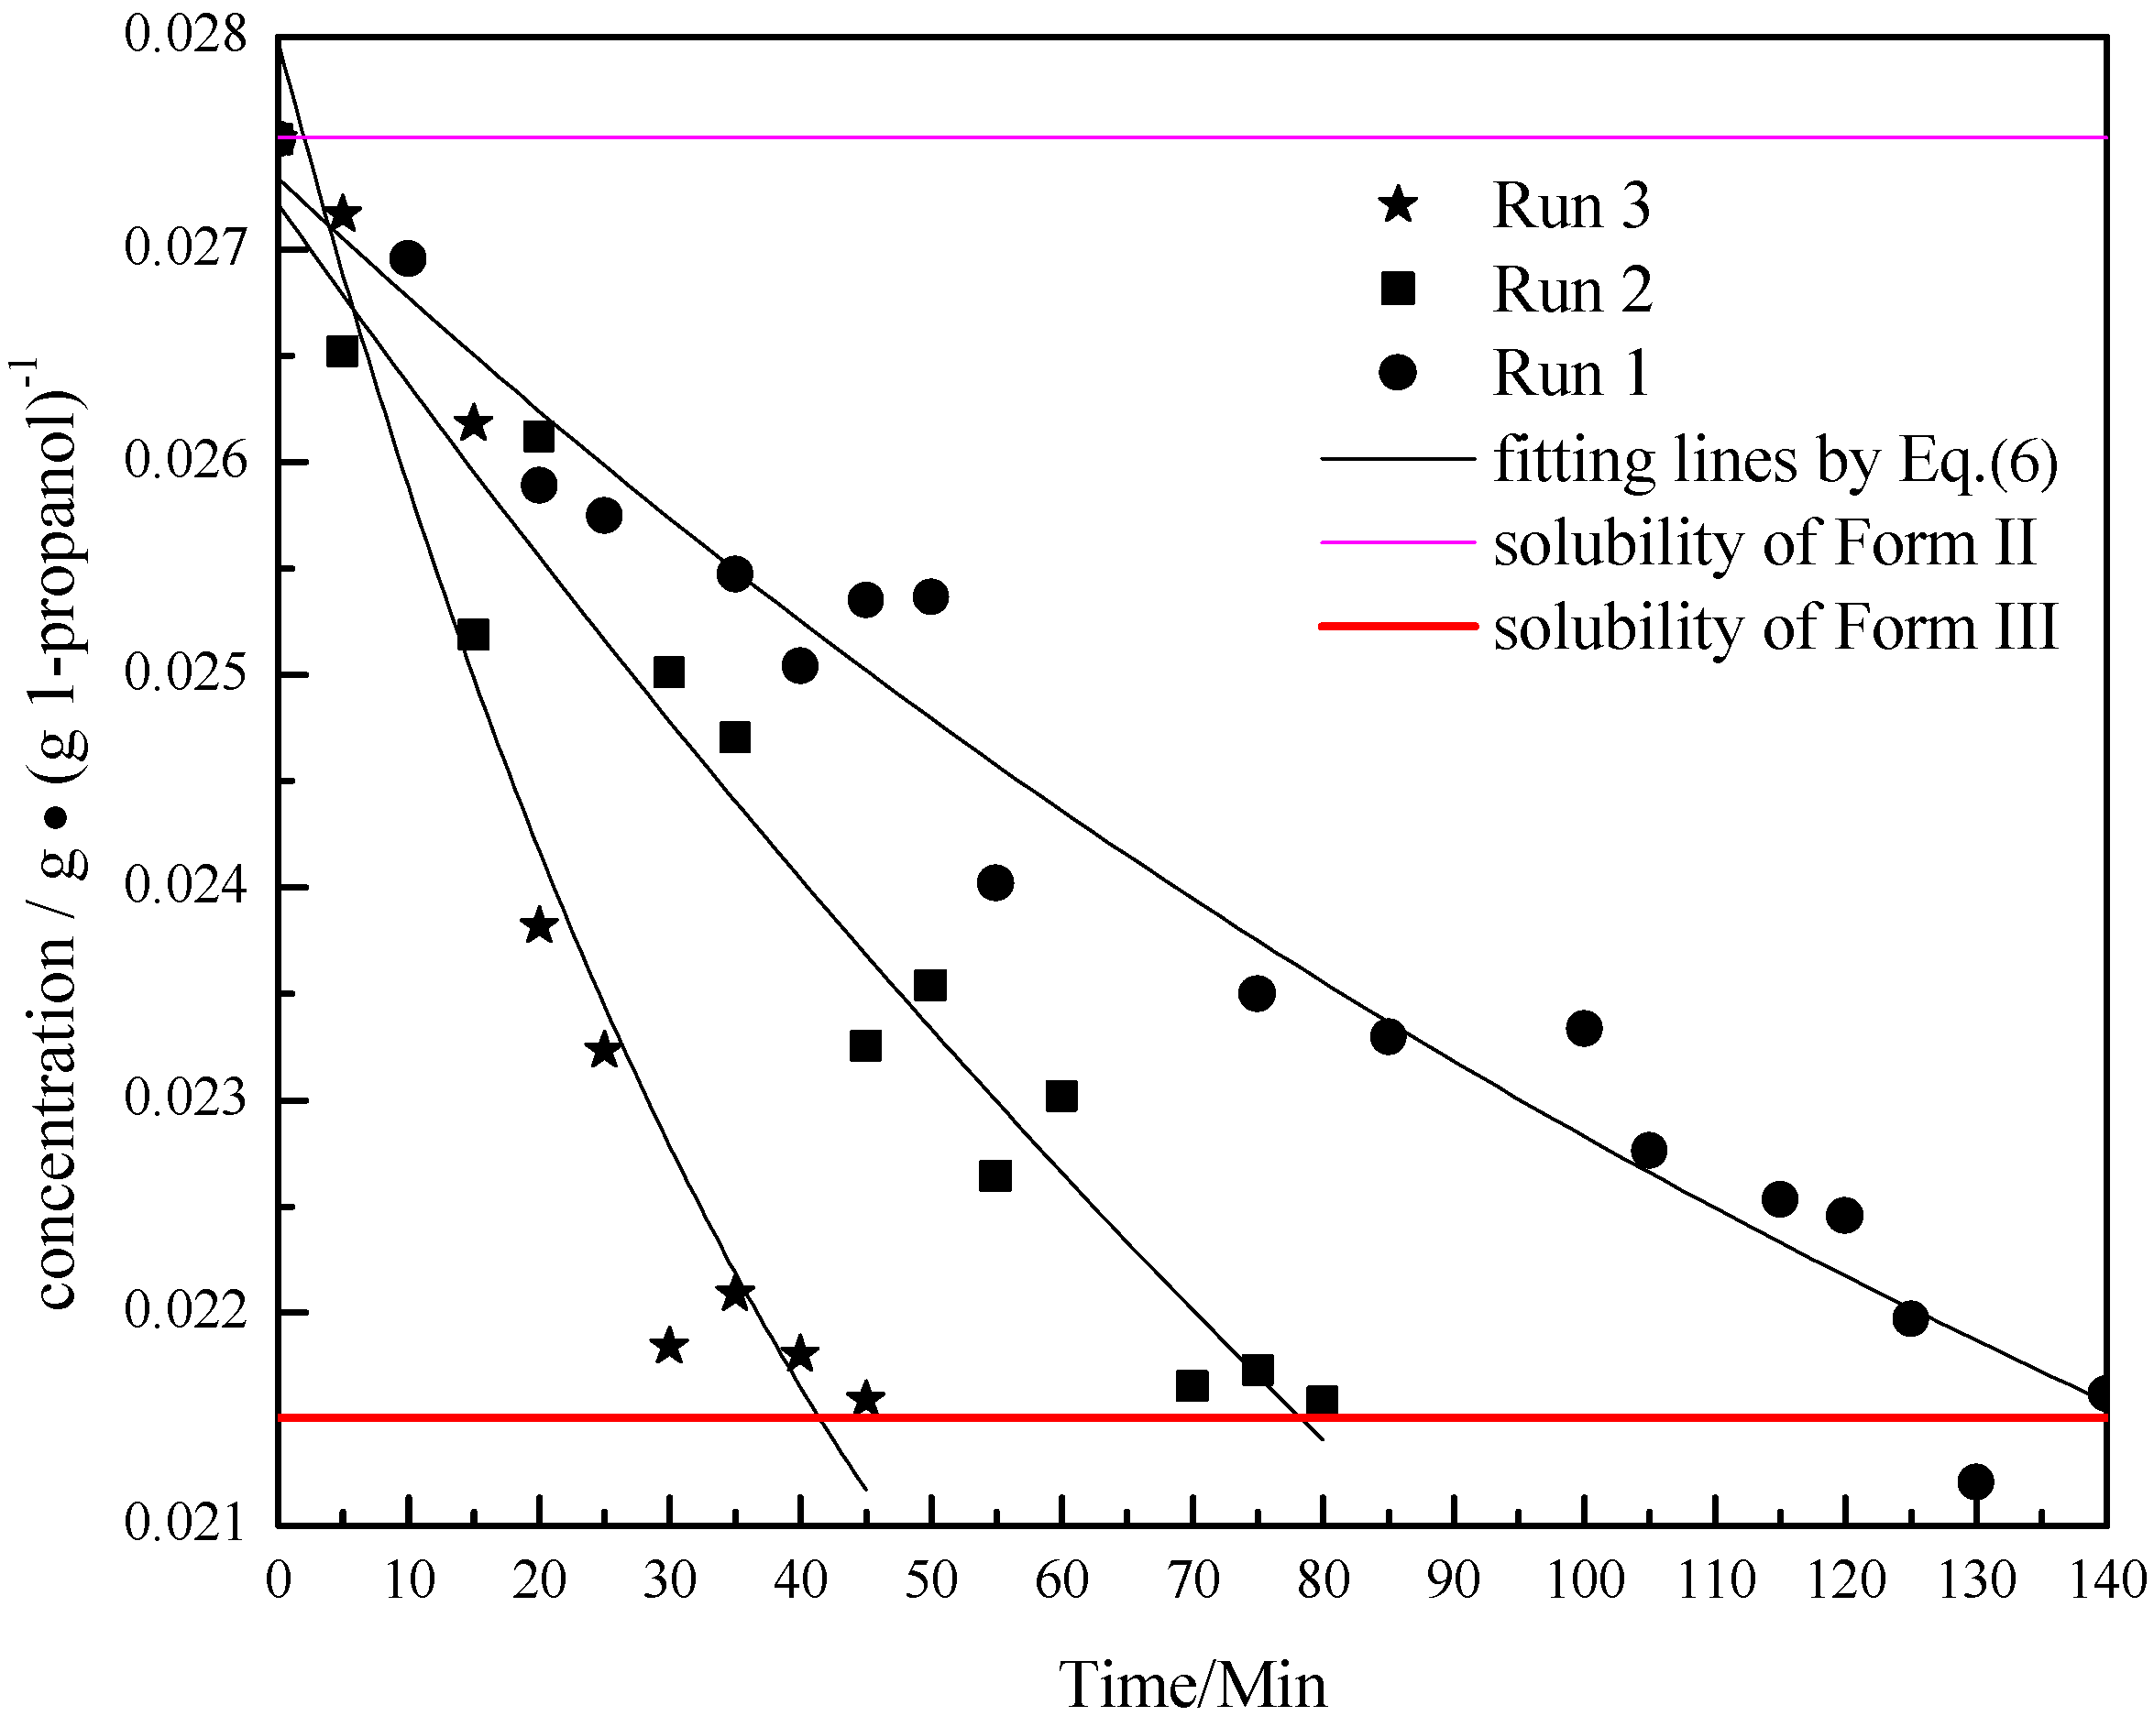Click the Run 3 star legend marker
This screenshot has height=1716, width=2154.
coord(1398,206)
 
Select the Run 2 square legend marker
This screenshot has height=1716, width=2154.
coord(1398,290)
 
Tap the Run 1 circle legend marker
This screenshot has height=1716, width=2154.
coord(1398,374)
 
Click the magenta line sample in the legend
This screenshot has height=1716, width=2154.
coord(1398,542)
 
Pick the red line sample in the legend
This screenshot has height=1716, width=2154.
coord(1398,627)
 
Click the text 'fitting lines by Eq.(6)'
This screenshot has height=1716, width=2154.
coord(1775,461)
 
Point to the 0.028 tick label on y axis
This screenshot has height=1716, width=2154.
coord(186,36)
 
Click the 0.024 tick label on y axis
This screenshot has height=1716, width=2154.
coord(186,886)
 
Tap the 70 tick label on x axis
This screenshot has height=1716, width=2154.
coord(1192,1581)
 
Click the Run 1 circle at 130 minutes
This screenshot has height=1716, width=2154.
coord(1975,1481)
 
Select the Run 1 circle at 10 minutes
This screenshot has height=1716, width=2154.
coord(408,258)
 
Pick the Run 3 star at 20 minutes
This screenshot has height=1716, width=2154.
coord(539,926)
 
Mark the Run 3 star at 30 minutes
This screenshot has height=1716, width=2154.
coord(668,1347)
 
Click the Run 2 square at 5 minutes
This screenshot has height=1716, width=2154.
coord(343,352)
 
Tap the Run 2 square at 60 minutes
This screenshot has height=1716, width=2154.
coord(1061,1097)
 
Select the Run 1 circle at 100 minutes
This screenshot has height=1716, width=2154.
coord(1584,1028)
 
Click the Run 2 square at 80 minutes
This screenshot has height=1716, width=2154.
coord(1322,1400)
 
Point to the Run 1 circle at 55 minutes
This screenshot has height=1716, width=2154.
coord(995,883)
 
